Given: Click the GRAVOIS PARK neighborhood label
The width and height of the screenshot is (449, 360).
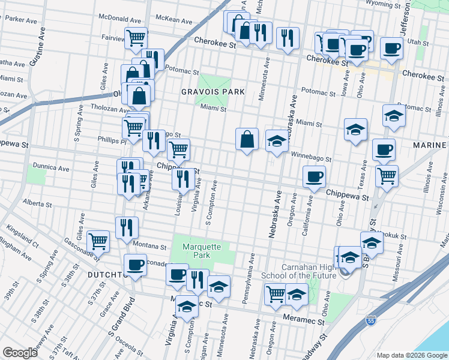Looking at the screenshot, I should pyautogui.click(x=214, y=92).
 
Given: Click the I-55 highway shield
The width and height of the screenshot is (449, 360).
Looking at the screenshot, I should pyautogui.click(x=372, y=322).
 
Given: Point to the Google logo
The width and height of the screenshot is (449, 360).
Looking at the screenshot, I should pyautogui.click(x=20, y=352).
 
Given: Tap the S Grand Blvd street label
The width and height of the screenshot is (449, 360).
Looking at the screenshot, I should pyautogui.click(x=120, y=317).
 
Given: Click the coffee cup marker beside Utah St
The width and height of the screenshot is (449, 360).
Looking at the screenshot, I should pyautogui.click(x=392, y=47).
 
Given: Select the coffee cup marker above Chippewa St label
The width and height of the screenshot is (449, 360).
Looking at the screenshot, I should pyautogui.click(x=314, y=176).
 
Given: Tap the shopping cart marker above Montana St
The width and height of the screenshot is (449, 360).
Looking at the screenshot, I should pyautogui.click(x=98, y=241).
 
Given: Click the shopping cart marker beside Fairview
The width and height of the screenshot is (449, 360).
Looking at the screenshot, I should pyautogui.click(x=136, y=37).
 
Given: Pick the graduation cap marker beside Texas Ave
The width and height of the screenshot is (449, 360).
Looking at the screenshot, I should pyautogui.click(x=355, y=128).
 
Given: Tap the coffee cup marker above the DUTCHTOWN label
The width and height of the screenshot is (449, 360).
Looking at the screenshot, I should pyautogui.click(x=135, y=264).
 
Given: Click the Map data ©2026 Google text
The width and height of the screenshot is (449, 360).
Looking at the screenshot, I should pyautogui.click(x=411, y=355).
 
